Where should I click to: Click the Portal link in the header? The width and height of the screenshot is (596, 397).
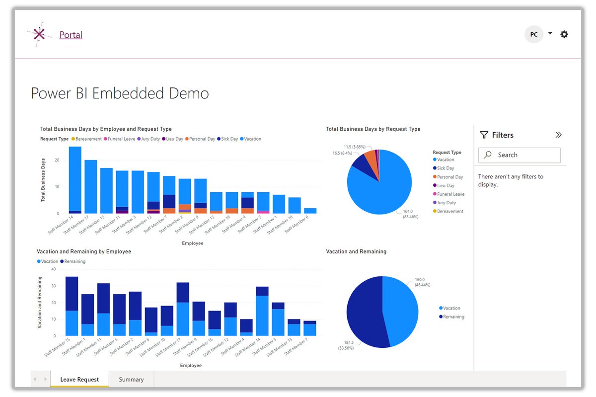[71, 35]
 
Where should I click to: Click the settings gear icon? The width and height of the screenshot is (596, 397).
[564, 34]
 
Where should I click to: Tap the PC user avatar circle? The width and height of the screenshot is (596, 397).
[534, 34]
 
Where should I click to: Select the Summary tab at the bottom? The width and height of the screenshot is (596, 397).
[131, 379]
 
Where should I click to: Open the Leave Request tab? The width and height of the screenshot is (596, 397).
[79, 379]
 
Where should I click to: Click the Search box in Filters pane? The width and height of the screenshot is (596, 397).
[520, 155]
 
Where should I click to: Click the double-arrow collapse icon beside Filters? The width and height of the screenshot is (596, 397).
[558, 135]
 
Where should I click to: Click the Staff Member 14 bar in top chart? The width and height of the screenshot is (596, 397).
[75, 179]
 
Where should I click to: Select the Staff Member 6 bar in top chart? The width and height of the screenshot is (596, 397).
[310, 211]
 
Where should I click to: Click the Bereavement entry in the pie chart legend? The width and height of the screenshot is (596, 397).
[449, 212]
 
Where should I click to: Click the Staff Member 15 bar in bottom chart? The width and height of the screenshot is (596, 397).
[72, 306]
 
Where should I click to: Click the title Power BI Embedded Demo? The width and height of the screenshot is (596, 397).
[120, 93]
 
